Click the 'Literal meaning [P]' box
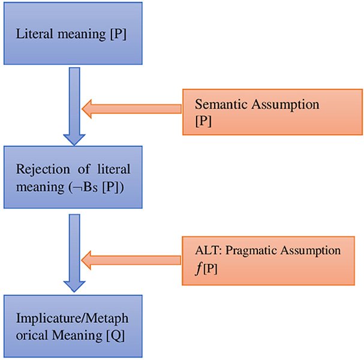(73, 33)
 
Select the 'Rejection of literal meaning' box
(73, 177)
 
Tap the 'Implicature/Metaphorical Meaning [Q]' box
(73, 326)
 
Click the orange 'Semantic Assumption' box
(272, 112)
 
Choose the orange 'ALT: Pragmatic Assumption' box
(269, 261)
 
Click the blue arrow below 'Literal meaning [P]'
(74, 106)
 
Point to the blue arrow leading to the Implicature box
(74, 253)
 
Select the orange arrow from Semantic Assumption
(131, 109)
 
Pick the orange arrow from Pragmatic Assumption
(131, 260)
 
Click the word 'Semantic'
(221, 104)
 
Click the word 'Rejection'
(43, 170)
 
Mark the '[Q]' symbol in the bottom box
(116, 335)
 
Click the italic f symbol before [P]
(198, 269)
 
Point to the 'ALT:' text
(209, 251)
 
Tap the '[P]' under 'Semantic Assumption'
(203, 121)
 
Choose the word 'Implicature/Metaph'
(72, 318)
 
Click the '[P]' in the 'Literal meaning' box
(118, 34)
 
